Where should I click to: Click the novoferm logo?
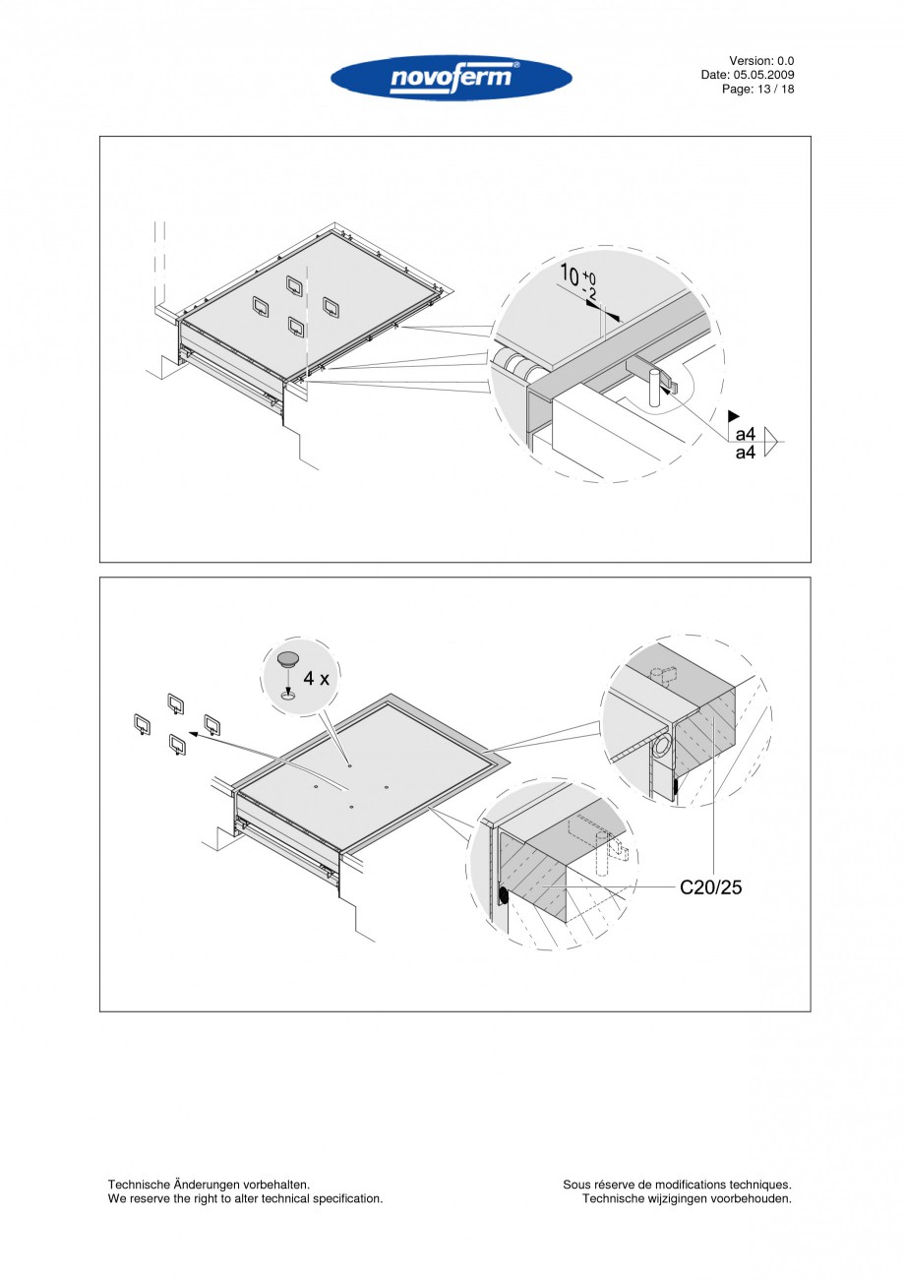452,78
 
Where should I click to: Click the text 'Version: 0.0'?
761,61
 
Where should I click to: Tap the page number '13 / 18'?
774,89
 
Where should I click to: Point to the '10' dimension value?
570,273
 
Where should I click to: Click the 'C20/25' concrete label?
711,887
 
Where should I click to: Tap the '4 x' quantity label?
317,678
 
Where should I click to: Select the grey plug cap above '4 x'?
287,658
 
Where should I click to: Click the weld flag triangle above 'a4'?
733,417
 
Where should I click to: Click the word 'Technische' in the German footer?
139,1185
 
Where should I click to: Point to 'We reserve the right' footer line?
167,1198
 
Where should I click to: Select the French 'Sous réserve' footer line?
677,1185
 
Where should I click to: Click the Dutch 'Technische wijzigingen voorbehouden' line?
687,1198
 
